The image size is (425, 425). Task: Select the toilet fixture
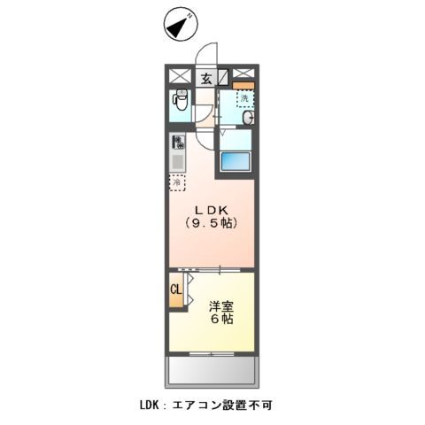point(181,102)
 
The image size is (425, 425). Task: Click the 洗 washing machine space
point(242,98)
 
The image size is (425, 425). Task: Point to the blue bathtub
point(236,162)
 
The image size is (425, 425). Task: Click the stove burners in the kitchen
point(178,141)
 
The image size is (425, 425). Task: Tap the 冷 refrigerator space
point(178,182)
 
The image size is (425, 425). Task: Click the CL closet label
point(175,290)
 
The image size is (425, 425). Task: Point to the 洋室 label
point(220,305)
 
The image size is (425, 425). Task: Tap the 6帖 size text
point(221,321)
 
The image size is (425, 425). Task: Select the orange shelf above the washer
point(243,85)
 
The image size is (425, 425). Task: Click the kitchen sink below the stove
point(177,162)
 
